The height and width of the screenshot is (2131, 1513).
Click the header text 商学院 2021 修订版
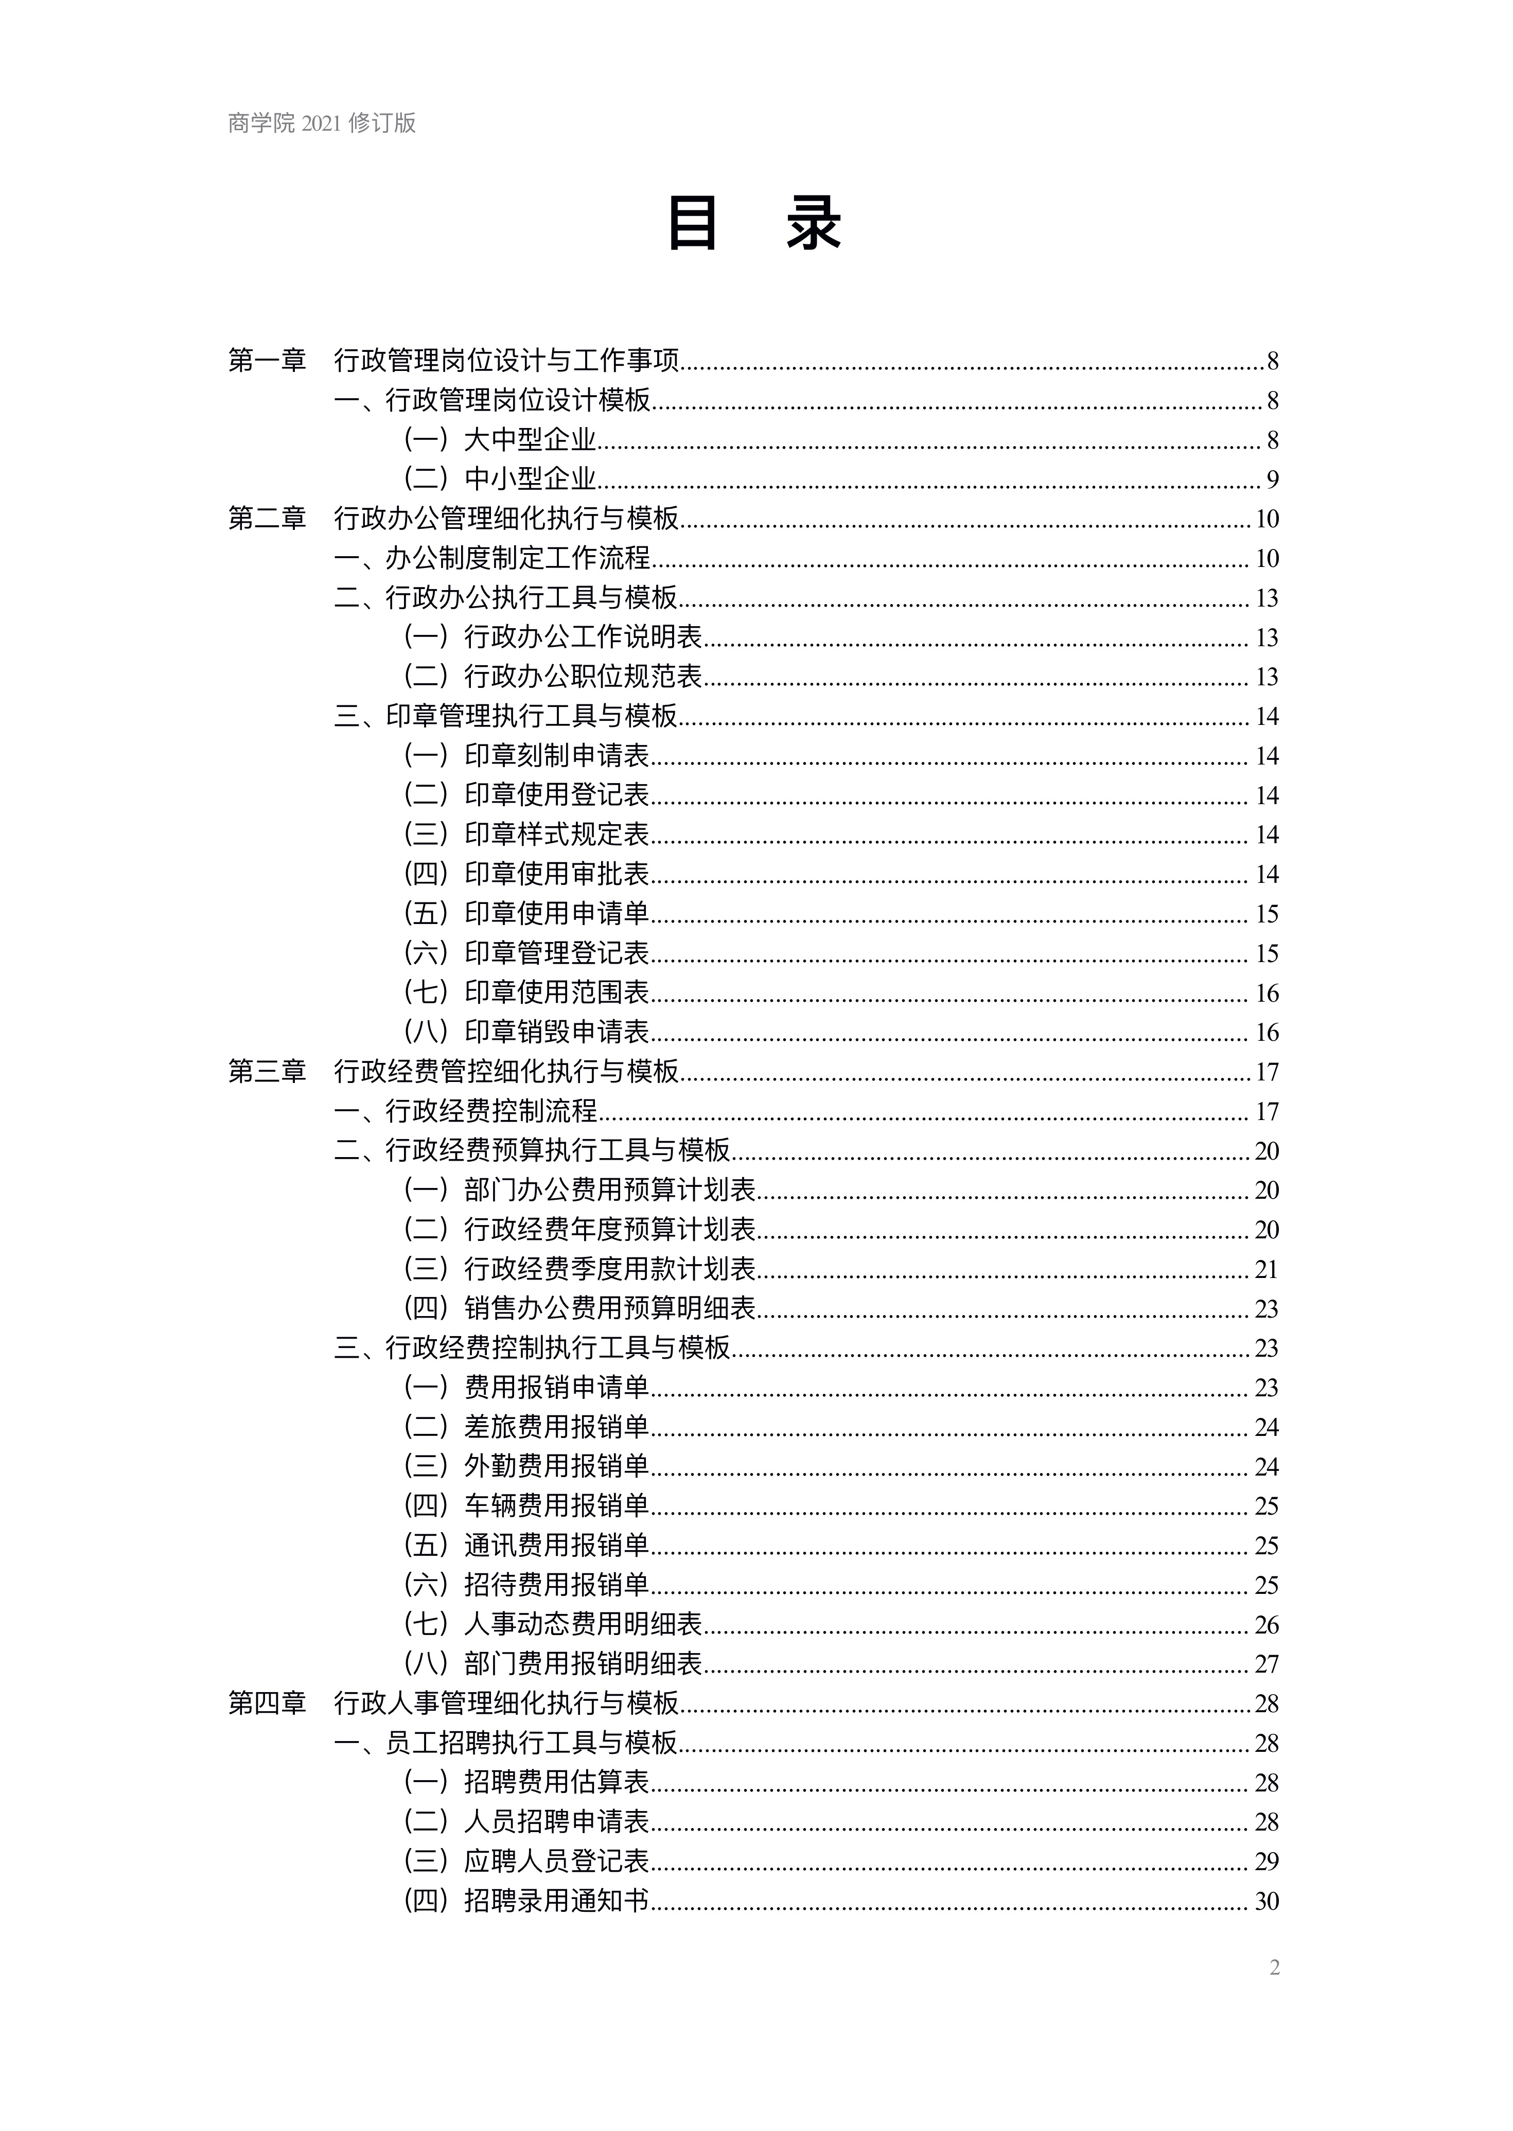coord(322,123)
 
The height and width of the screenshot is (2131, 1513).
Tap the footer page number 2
coord(1275,1967)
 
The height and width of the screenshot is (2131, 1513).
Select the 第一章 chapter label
coord(268,361)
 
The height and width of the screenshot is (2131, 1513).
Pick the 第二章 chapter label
coord(268,519)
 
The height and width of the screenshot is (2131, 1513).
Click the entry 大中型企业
coord(530,439)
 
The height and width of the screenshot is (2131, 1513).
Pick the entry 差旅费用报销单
coord(556,1427)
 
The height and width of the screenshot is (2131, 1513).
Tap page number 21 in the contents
coord(1266,1269)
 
